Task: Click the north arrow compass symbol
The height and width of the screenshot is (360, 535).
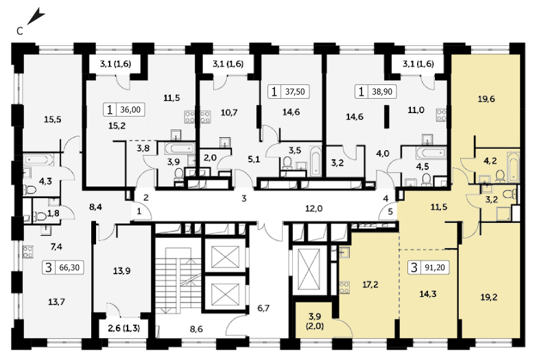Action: [36, 17]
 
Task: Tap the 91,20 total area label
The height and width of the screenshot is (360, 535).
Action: [435, 267]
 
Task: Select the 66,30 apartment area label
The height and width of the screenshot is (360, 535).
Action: [69, 267]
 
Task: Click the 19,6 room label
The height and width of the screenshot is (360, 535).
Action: [486, 99]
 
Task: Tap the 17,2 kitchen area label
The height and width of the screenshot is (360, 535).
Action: [370, 285]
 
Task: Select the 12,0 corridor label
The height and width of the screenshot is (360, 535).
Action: [314, 208]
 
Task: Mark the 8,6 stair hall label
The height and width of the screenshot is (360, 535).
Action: [196, 329]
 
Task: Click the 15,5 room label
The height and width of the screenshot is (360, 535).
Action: [53, 119]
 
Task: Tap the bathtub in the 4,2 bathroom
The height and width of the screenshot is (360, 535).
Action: [513, 167]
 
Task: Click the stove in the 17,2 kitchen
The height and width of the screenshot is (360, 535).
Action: [344, 287]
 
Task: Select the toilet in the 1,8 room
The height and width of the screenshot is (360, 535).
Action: [40, 216]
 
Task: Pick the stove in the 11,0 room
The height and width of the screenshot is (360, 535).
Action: [442, 115]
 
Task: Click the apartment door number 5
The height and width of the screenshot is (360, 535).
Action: [390, 212]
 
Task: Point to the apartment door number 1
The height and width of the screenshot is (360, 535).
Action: [139, 212]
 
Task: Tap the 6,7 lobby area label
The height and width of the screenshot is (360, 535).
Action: [263, 308]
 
